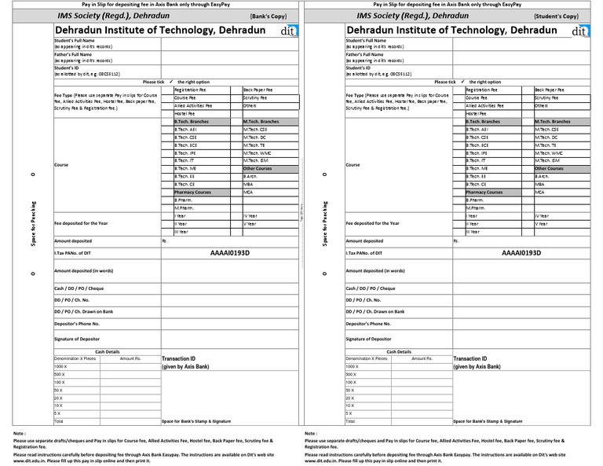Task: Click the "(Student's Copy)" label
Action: coord(561,16)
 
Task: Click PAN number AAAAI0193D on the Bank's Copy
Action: coord(230,254)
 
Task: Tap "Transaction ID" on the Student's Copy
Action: coord(472,358)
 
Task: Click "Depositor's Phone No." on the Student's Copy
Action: coord(369,323)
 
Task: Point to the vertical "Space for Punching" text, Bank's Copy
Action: coord(33,225)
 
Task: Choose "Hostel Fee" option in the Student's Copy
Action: coord(476,113)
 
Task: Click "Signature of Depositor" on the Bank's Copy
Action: coord(79,339)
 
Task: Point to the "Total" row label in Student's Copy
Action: coord(349,421)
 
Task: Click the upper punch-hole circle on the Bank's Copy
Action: coord(32,174)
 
